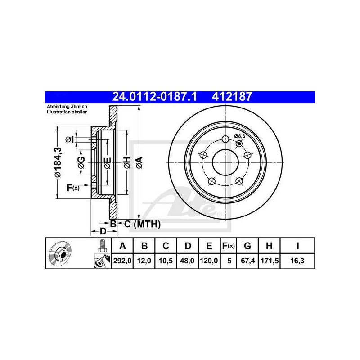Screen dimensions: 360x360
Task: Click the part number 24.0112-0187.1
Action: click(x=154, y=97)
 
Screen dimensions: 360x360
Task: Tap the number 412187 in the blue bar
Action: click(x=232, y=97)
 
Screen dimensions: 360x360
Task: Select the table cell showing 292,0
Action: click(x=122, y=261)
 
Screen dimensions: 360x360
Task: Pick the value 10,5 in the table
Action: click(x=166, y=261)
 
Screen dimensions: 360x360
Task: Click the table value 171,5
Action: click(x=270, y=261)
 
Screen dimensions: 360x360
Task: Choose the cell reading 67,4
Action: click(x=248, y=261)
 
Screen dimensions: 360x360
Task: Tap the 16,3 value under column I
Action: click(x=297, y=261)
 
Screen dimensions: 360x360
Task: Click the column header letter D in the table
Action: click(x=188, y=246)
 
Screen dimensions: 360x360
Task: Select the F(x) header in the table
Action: click(x=229, y=246)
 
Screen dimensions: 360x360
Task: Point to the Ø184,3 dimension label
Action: click(x=58, y=162)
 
